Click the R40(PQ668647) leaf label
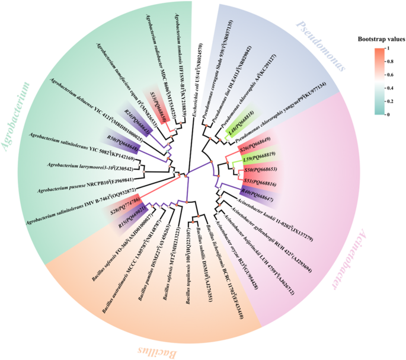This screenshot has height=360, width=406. click(257, 192)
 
